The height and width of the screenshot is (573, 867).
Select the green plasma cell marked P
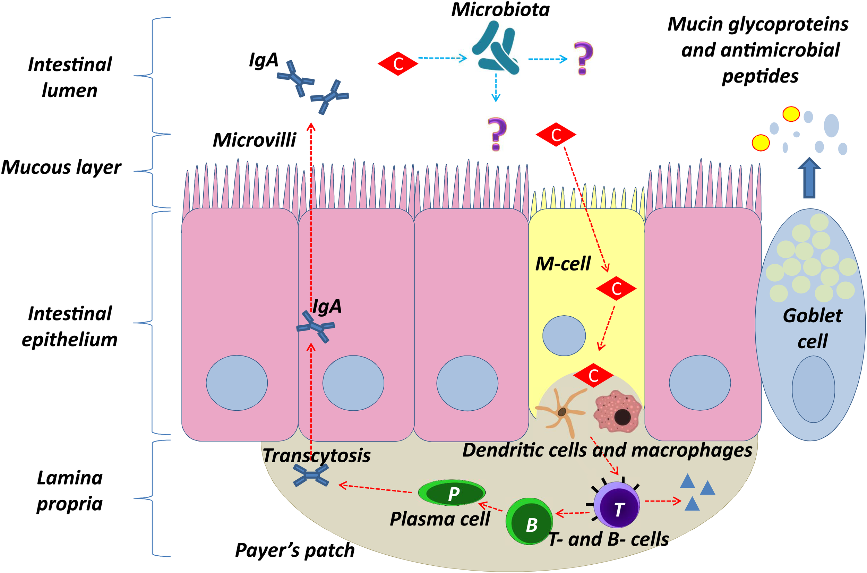[452, 493]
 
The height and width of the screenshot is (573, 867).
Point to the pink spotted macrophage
[617, 411]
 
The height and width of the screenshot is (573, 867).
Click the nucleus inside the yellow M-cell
[564, 335]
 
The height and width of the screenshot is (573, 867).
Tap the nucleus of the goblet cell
[813, 389]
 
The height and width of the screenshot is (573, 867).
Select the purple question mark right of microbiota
[583, 59]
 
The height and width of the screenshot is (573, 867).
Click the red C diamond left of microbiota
[398, 63]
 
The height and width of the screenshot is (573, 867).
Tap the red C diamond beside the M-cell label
[616, 288]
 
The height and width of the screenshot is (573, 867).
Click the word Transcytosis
[316, 456]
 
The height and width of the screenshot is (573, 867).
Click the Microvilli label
[254, 140]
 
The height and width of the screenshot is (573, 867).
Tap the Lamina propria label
[69, 491]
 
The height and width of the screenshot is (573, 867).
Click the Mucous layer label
[61, 168]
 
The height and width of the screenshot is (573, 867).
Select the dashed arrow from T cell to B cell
[573, 513]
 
